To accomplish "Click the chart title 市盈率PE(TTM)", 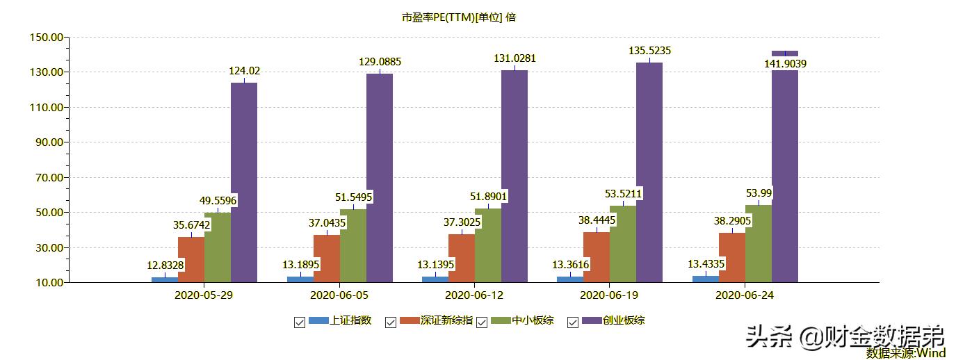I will pyautogui.click(x=459, y=17).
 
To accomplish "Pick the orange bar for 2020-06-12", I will pyautogui.click(x=462, y=258).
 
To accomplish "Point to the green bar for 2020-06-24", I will pyautogui.click(x=759, y=243).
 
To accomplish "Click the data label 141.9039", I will pyautogui.click(x=785, y=64).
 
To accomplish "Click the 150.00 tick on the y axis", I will pyautogui.click(x=46, y=37).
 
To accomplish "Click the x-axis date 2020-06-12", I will pyautogui.click(x=474, y=295).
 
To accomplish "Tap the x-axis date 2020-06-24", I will pyautogui.click(x=745, y=295).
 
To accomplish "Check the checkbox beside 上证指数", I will pyautogui.click(x=300, y=322).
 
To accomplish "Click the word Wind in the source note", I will pyautogui.click(x=931, y=353).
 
